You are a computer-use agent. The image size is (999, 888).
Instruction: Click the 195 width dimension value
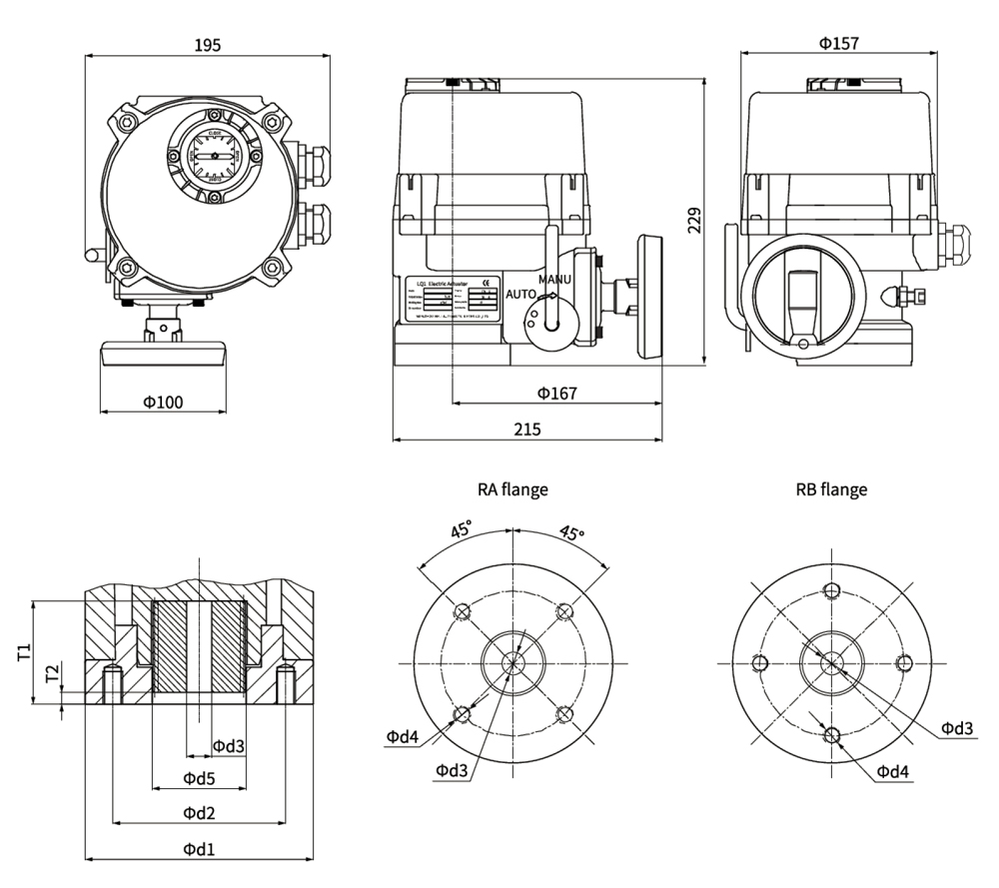tap(207, 44)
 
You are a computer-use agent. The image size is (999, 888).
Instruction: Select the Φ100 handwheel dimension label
tap(163, 402)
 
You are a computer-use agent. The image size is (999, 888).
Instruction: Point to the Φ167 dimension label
tap(556, 394)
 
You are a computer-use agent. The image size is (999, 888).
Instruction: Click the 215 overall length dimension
tap(526, 430)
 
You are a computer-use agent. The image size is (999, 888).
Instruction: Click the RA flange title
tap(512, 489)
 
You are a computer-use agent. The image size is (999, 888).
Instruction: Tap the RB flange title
tap(831, 489)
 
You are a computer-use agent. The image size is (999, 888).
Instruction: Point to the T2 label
tap(52, 676)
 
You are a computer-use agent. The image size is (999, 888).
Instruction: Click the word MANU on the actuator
tap(554, 279)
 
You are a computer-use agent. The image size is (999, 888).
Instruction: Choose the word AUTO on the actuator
tap(521, 295)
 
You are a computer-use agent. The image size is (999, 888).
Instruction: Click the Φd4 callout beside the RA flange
tap(403, 737)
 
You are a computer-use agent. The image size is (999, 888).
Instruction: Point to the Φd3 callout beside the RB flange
tap(957, 727)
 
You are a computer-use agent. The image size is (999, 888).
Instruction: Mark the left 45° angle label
tap(461, 530)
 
